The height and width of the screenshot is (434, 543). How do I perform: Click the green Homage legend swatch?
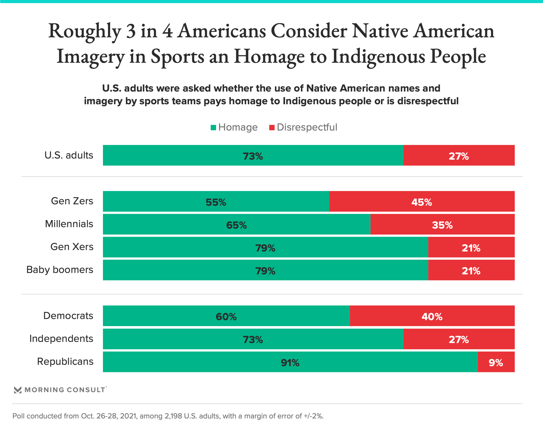click(214, 127)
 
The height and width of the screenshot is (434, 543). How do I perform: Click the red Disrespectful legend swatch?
click(272, 127)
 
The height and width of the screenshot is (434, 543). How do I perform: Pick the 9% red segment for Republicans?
click(496, 362)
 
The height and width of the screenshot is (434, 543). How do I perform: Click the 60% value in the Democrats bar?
click(226, 316)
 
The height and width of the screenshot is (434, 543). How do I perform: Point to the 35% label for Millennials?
click(442, 225)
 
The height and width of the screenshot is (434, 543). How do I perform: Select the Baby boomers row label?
click(60, 270)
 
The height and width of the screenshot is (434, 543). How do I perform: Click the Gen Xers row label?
click(72, 247)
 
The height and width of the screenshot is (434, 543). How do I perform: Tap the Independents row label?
click(61, 338)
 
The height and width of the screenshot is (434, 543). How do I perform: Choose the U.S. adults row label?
click(69, 155)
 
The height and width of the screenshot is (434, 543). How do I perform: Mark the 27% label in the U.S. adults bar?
click(458, 156)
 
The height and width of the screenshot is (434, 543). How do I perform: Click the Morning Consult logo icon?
click(18, 390)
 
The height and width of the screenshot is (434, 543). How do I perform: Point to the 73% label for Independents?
click(253, 339)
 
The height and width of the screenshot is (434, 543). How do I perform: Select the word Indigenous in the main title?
click(378, 57)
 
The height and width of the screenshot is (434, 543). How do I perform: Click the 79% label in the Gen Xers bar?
click(265, 248)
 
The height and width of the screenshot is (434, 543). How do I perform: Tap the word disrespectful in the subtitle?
click(428, 101)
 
